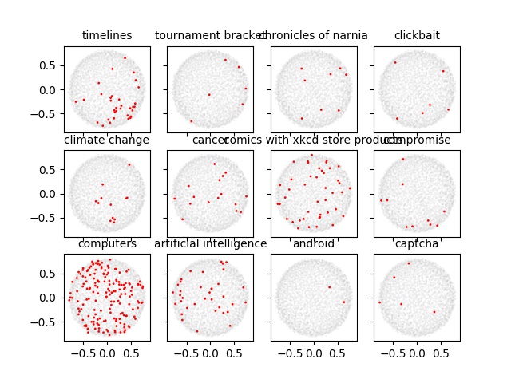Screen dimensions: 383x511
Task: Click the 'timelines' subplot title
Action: tap(107, 35)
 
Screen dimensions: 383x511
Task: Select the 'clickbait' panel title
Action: tap(417, 35)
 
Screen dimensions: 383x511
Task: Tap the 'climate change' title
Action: tap(107, 140)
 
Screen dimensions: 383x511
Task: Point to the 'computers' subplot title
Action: tap(107, 243)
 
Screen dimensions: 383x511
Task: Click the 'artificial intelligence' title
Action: tap(211, 243)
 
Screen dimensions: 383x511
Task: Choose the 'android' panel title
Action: tap(314, 243)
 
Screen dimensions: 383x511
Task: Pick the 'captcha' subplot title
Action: tap(417, 243)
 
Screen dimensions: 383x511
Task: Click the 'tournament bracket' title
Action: tap(211, 35)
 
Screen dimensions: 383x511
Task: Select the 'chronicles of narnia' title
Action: tap(314, 35)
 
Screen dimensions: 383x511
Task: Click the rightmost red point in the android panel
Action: tap(344, 302)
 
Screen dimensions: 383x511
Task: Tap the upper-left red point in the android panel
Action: tap(329, 287)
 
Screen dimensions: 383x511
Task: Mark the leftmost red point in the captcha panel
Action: tap(380, 302)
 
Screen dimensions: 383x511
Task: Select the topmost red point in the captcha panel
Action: tap(409, 263)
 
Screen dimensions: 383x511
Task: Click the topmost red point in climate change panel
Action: tap(129, 165)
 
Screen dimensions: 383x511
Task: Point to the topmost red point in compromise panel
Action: tap(403, 159)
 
